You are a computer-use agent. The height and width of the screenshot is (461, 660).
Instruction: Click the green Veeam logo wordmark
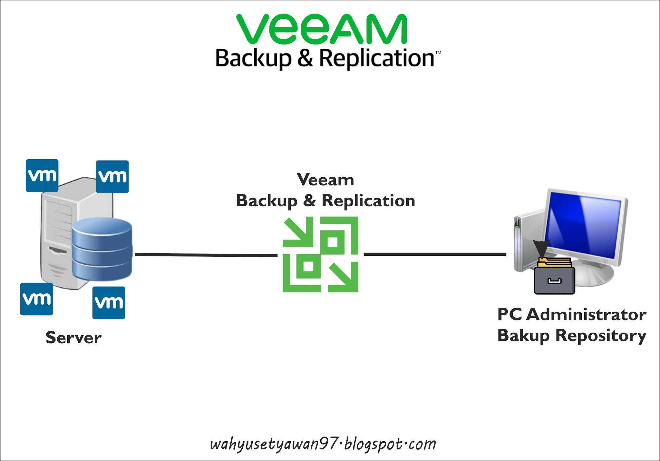click(322, 29)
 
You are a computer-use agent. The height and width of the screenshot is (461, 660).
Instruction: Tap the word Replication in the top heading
click(377, 58)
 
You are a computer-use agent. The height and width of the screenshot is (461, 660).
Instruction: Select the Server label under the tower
click(73, 338)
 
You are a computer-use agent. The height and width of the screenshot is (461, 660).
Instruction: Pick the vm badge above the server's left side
click(42, 175)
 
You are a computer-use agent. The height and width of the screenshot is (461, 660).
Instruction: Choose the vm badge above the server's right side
click(112, 177)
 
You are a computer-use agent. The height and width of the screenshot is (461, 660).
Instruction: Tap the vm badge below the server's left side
click(36, 299)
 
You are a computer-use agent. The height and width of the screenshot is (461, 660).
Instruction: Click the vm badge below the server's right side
click(109, 303)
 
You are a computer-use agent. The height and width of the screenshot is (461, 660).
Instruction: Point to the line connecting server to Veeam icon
click(206, 255)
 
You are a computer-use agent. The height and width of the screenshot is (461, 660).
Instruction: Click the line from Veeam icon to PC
click(435, 254)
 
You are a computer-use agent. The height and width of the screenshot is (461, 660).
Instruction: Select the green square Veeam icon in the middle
click(320, 254)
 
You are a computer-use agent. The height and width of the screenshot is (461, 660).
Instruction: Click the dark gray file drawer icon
click(554, 280)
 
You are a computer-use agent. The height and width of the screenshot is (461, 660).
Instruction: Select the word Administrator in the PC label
click(586, 314)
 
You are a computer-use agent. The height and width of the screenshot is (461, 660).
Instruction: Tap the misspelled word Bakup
click(523, 335)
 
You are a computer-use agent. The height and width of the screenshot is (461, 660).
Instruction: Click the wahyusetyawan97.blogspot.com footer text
click(323, 444)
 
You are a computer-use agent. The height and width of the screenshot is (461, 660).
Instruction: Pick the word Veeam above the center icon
click(325, 180)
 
